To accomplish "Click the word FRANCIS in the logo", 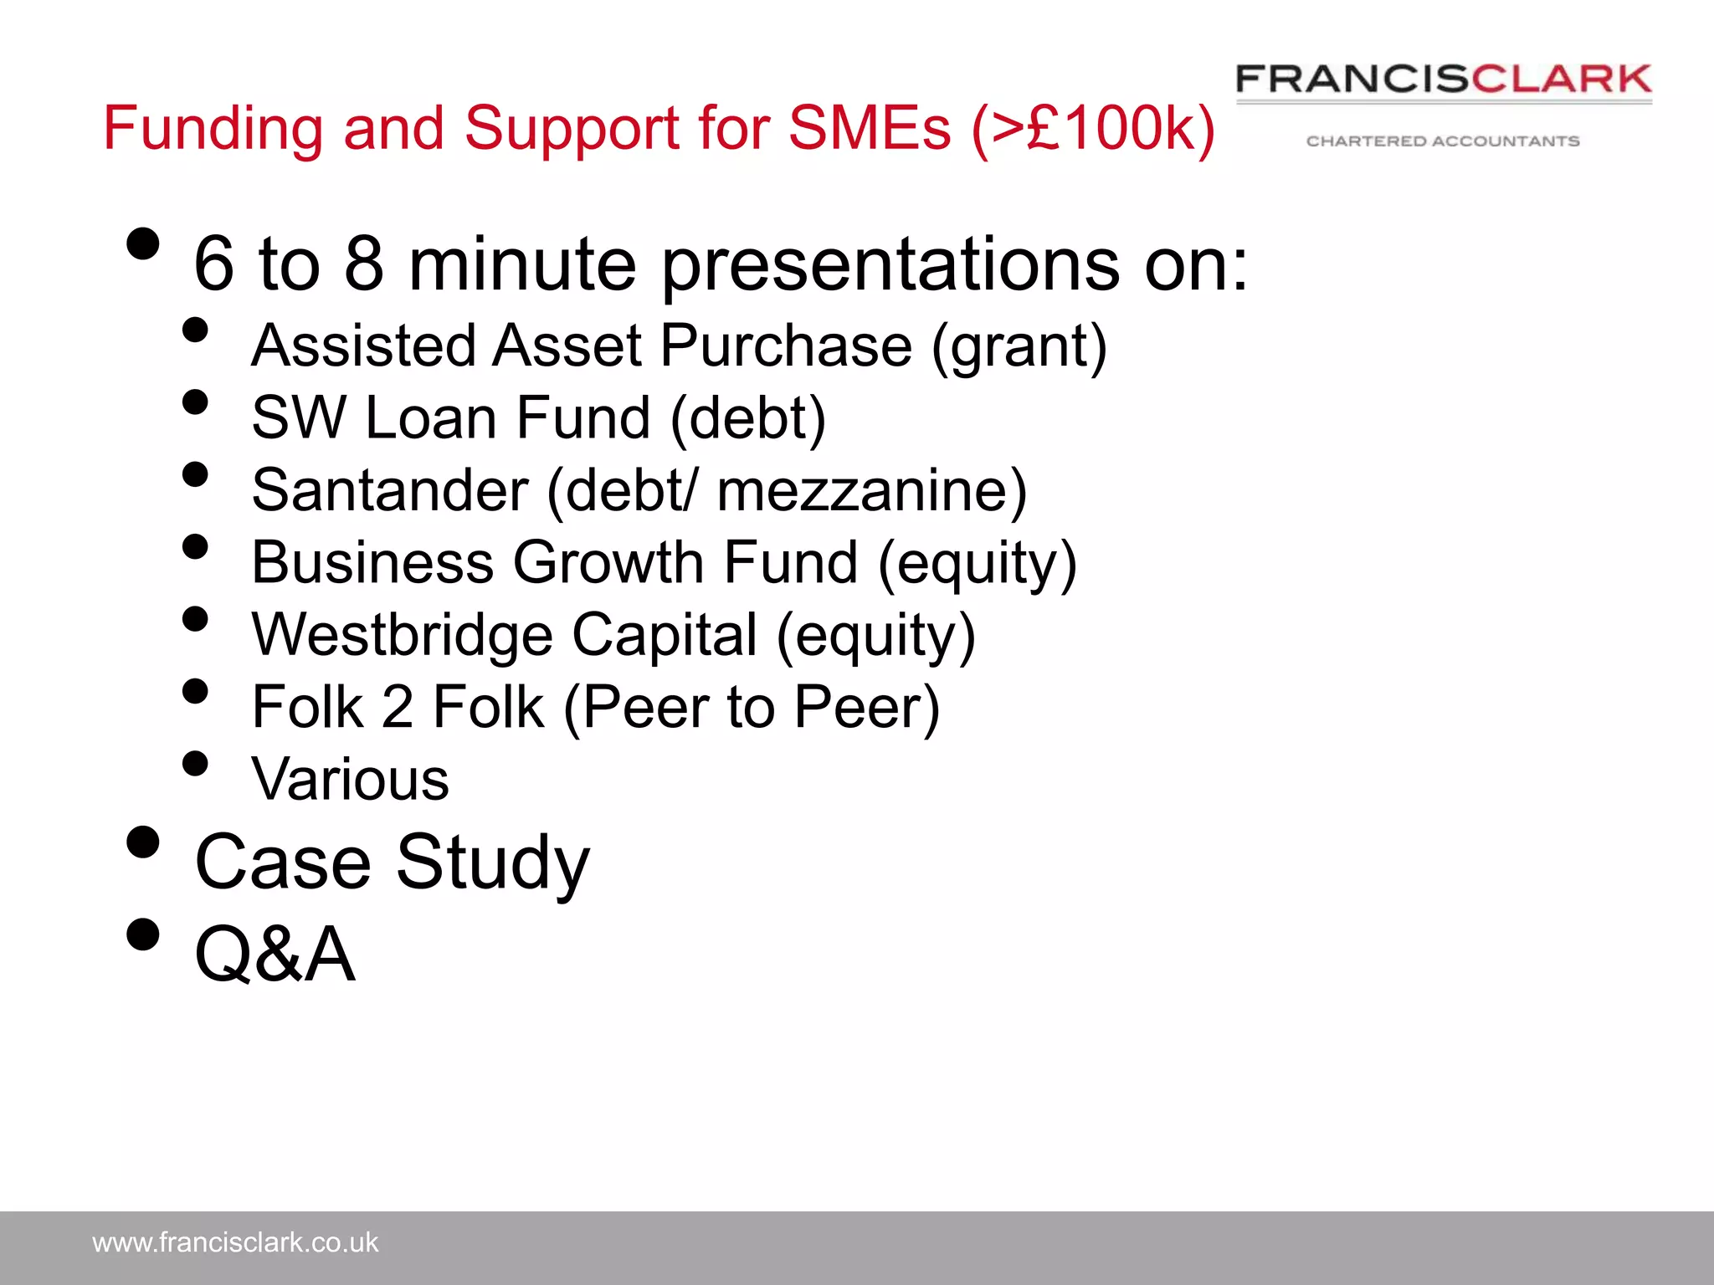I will tap(1352, 79).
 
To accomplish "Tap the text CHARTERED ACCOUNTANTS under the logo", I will tap(1443, 141).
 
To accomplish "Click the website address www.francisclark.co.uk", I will tap(235, 1242).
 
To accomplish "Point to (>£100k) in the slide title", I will tap(1093, 128).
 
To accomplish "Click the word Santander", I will tap(390, 490).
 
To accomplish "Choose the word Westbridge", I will tap(402, 635).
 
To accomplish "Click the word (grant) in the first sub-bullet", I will tap(1019, 346).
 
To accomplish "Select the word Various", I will tap(350, 780).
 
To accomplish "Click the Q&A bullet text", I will tap(275, 954).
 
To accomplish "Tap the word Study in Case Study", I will tap(493, 863).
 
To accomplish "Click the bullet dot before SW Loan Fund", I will tap(194, 402).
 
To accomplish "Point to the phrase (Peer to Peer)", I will tap(752, 708).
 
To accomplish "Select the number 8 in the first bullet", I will tap(364, 264).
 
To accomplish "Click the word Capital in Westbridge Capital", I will tap(665, 635).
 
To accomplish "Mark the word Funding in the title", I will tap(213, 128).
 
